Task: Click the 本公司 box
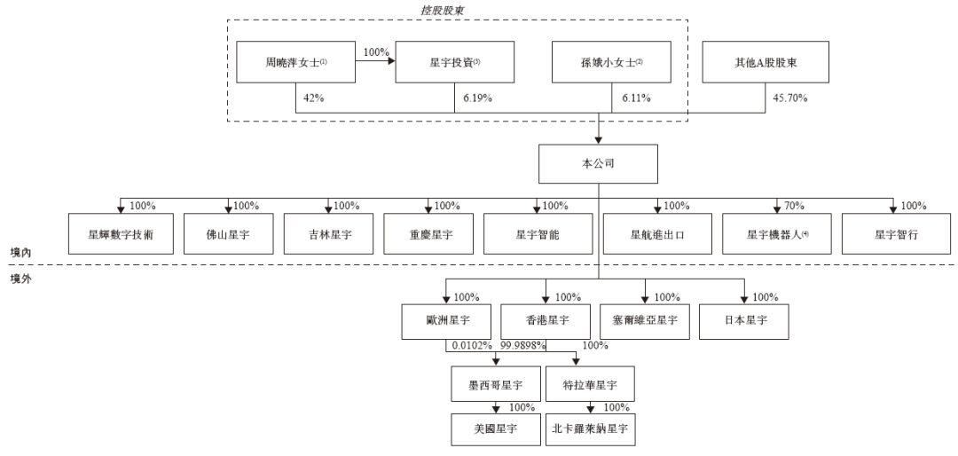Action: (x=598, y=164)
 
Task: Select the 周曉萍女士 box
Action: (x=296, y=62)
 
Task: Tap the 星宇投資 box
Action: (x=454, y=62)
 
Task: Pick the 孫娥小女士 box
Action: (x=611, y=62)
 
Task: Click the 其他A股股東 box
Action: (x=766, y=62)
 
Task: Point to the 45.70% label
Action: (x=789, y=98)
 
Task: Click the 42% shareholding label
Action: (x=313, y=98)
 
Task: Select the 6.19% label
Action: (x=477, y=98)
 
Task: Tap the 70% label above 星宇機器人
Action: (x=794, y=206)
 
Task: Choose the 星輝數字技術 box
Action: (x=121, y=233)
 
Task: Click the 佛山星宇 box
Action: (x=229, y=233)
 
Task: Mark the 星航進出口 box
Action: (x=657, y=233)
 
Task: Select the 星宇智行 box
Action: (x=896, y=233)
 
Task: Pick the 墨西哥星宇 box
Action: (x=496, y=384)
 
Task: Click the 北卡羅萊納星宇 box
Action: (x=590, y=429)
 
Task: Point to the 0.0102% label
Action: (x=472, y=346)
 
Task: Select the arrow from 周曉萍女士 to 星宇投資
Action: (x=376, y=62)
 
